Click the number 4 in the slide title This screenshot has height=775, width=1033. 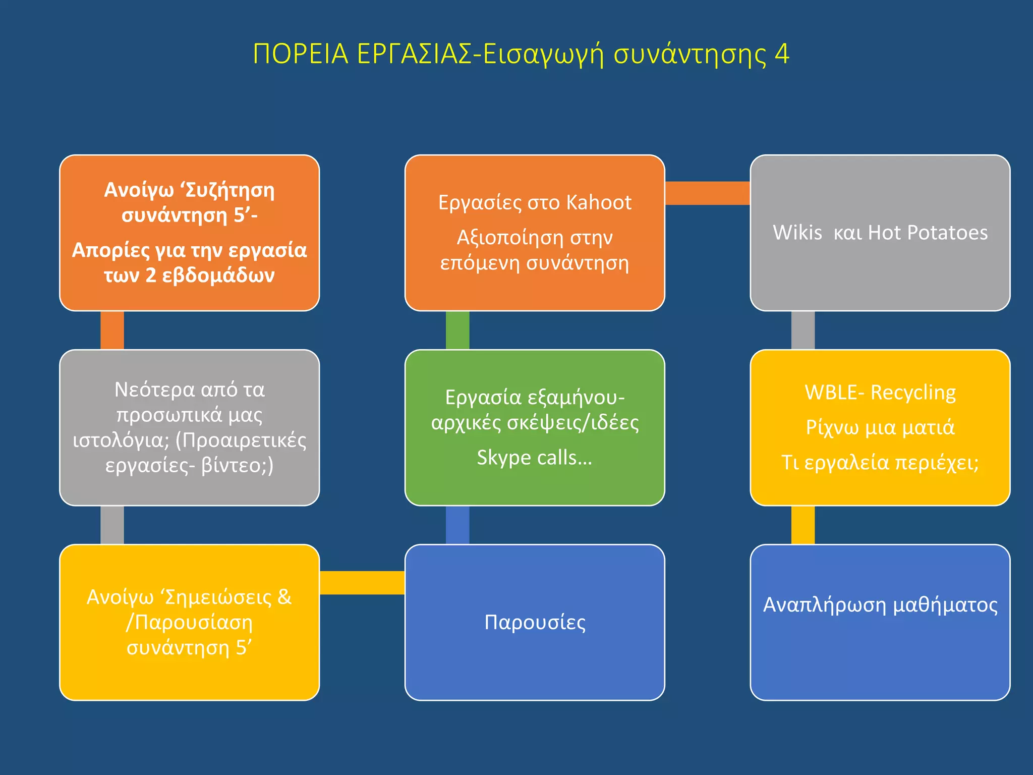pyautogui.click(x=781, y=54)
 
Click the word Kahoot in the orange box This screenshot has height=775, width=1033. pyautogui.click(x=599, y=202)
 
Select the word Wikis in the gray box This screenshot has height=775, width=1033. pyautogui.click(x=797, y=233)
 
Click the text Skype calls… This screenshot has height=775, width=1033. pyautogui.click(x=535, y=458)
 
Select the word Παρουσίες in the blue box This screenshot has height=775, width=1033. pyautogui.click(x=535, y=622)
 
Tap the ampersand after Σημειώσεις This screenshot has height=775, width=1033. pyautogui.click(x=284, y=597)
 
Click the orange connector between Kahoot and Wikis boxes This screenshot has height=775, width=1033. pyautogui.click(x=707, y=193)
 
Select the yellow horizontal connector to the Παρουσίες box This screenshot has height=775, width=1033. pyautogui.click(x=362, y=583)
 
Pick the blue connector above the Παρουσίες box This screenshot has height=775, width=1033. pyautogui.click(x=457, y=525)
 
